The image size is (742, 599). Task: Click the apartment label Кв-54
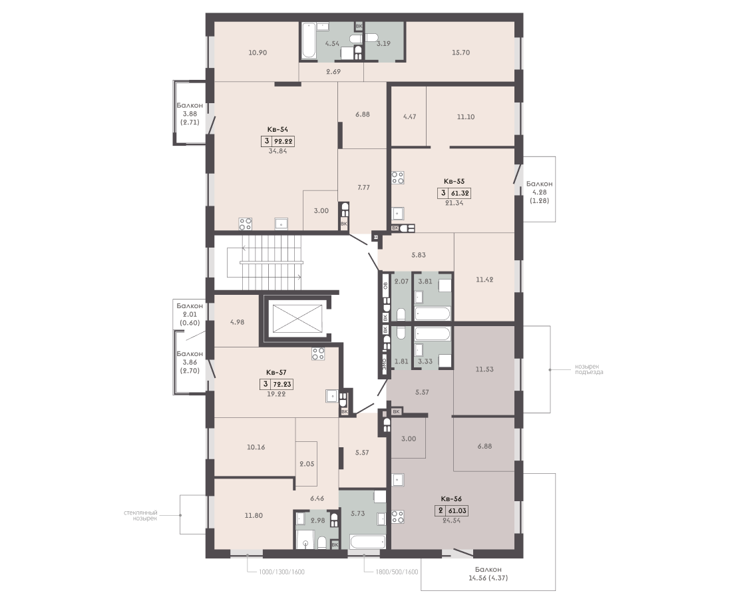pos(278,129)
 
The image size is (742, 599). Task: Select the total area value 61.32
pos(459,193)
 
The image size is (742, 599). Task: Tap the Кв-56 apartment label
pos(451,499)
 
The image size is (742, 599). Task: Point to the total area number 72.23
pos(282,385)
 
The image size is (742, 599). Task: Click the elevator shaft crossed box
pos(293,318)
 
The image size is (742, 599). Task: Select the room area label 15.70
pos(461,53)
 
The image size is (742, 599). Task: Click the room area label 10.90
pos(258,53)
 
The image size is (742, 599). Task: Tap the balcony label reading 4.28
pos(540,192)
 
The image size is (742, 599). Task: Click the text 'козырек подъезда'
pos(589,369)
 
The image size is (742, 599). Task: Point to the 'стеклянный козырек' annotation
pos(140,515)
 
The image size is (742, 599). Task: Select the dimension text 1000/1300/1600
pos(281,572)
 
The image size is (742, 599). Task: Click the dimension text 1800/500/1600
pos(397,572)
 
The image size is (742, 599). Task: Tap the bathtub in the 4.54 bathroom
pos(309,41)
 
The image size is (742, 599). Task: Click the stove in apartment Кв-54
pos(245,224)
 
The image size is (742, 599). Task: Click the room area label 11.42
pos(484,280)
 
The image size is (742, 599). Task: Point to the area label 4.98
pos(237,322)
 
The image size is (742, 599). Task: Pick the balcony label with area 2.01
pos(190,314)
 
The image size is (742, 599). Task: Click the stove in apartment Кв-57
pos(318,354)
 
